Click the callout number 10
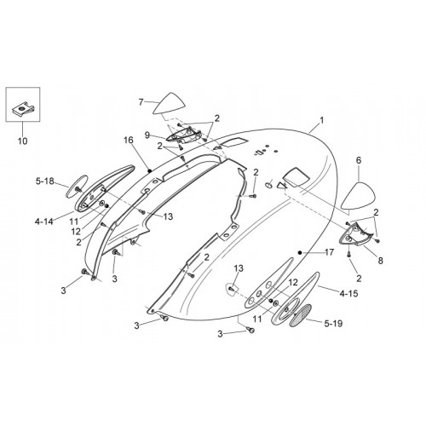(x=23, y=141)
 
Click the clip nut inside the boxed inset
(x=23, y=109)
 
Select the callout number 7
(x=141, y=101)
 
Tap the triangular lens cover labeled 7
(x=170, y=104)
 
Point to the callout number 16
(x=129, y=140)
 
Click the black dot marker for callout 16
(x=150, y=170)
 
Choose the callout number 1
(x=321, y=120)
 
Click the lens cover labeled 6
(x=358, y=196)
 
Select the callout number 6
(x=359, y=160)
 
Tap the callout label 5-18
(x=45, y=181)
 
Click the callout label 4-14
(x=44, y=222)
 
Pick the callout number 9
(x=147, y=135)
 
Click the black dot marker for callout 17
(x=299, y=252)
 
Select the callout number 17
(x=329, y=252)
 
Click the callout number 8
(x=381, y=261)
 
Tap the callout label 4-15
(x=348, y=294)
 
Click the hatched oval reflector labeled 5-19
(x=300, y=315)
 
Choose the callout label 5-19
(x=333, y=323)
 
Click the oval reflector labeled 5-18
(x=77, y=186)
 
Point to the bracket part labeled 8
(x=358, y=234)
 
